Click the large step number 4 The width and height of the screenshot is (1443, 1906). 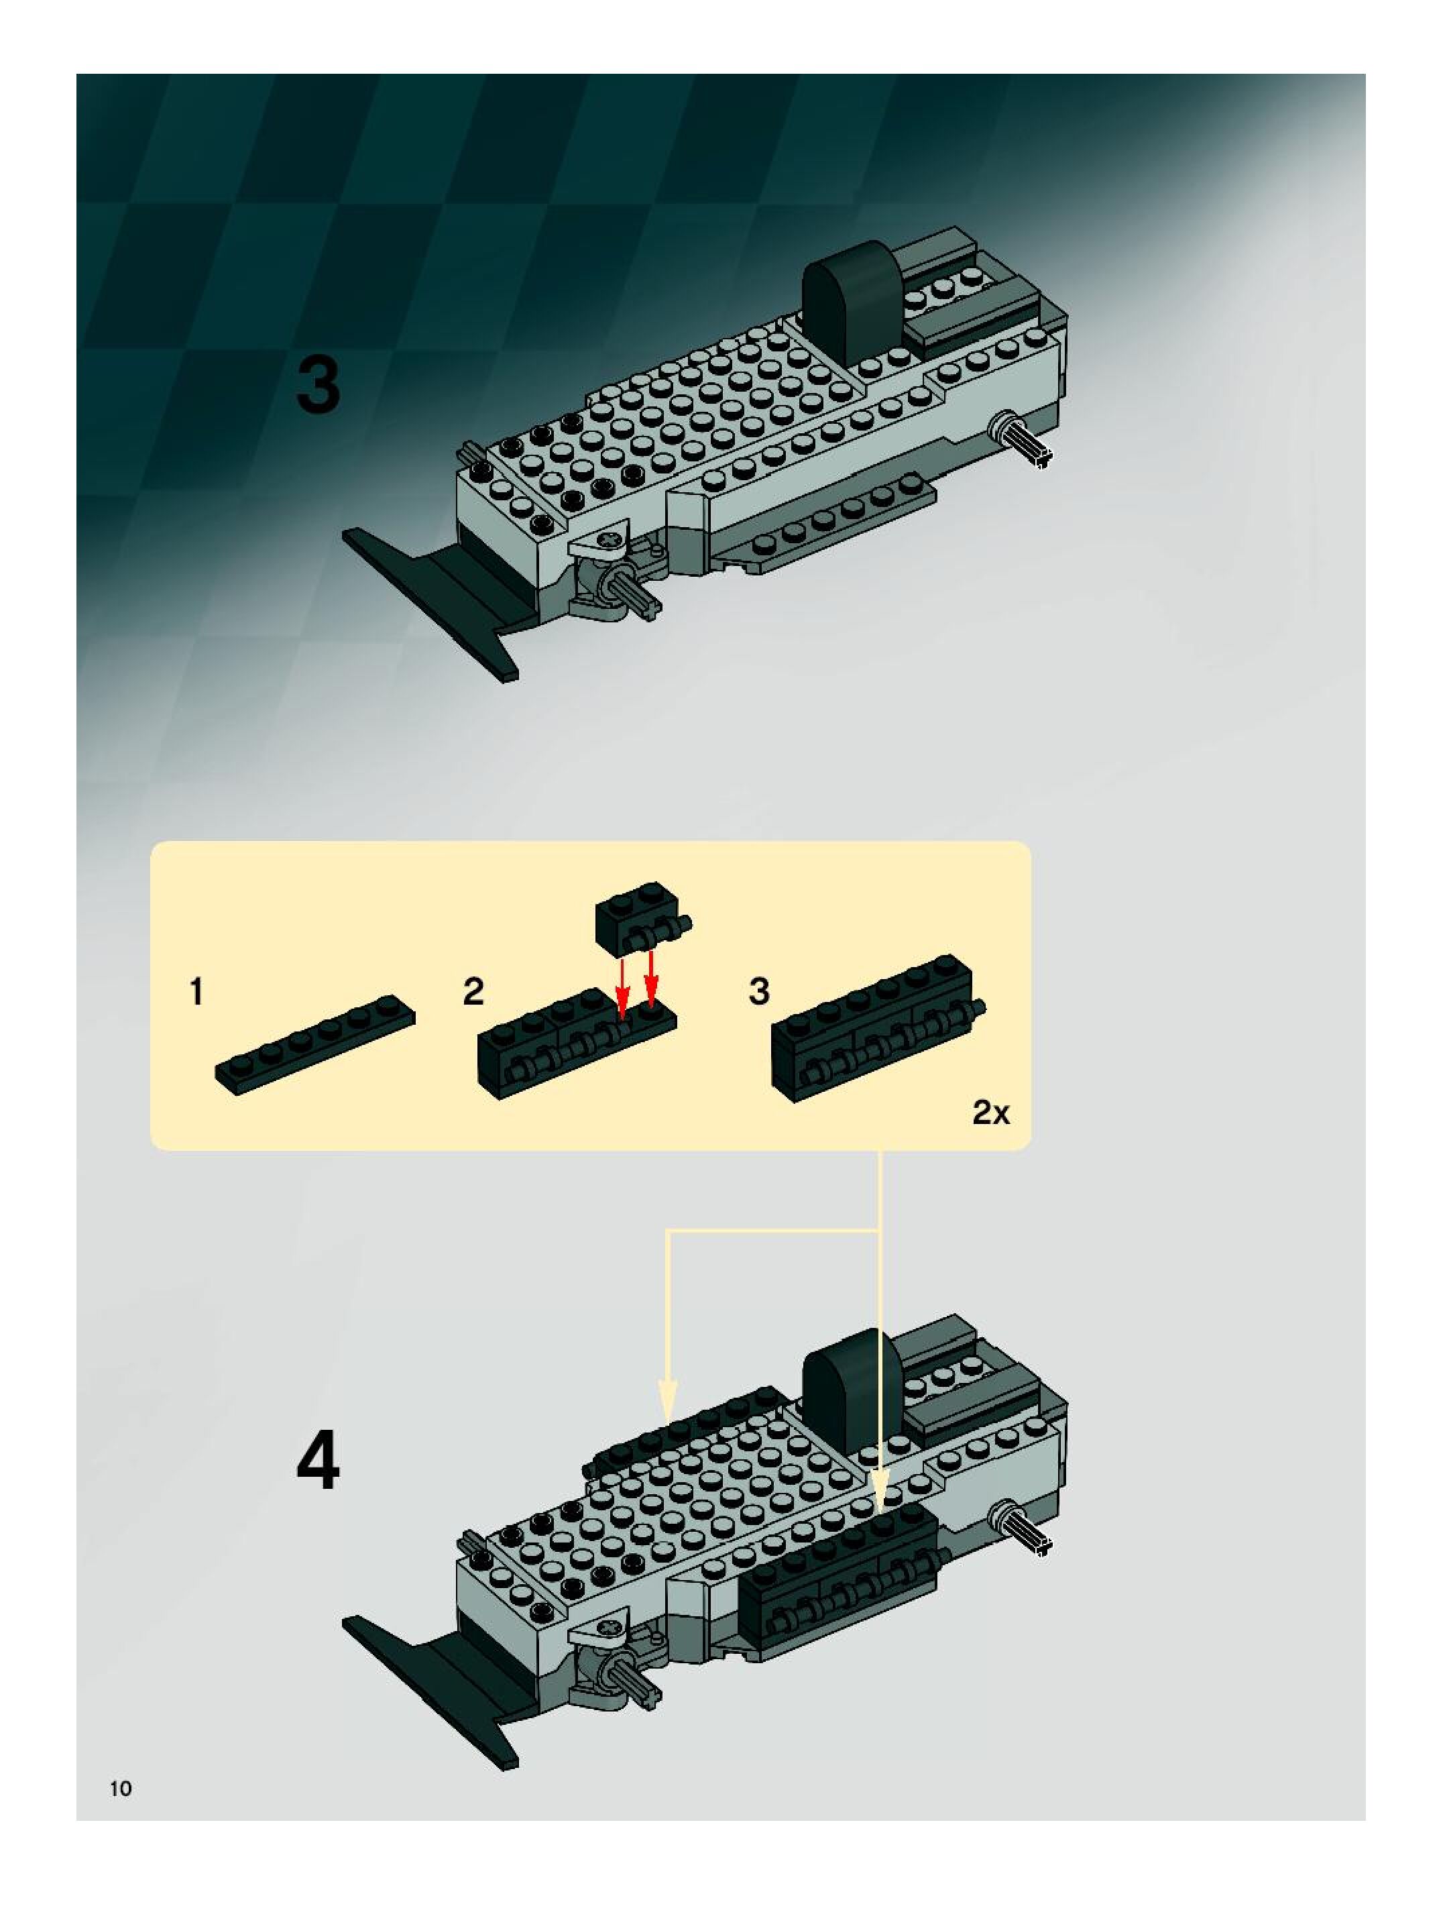pyautogui.click(x=318, y=1461)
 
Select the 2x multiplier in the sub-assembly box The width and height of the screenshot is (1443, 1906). pyautogui.click(x=990, y=1113)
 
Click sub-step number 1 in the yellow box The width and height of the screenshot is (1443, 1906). pyautogui.click(x=197, y=992)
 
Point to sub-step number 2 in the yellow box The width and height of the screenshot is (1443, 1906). pyautogui.click(x=473, y=992)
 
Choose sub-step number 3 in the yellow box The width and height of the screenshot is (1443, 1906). pyautogui.click(x=759, y=992)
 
